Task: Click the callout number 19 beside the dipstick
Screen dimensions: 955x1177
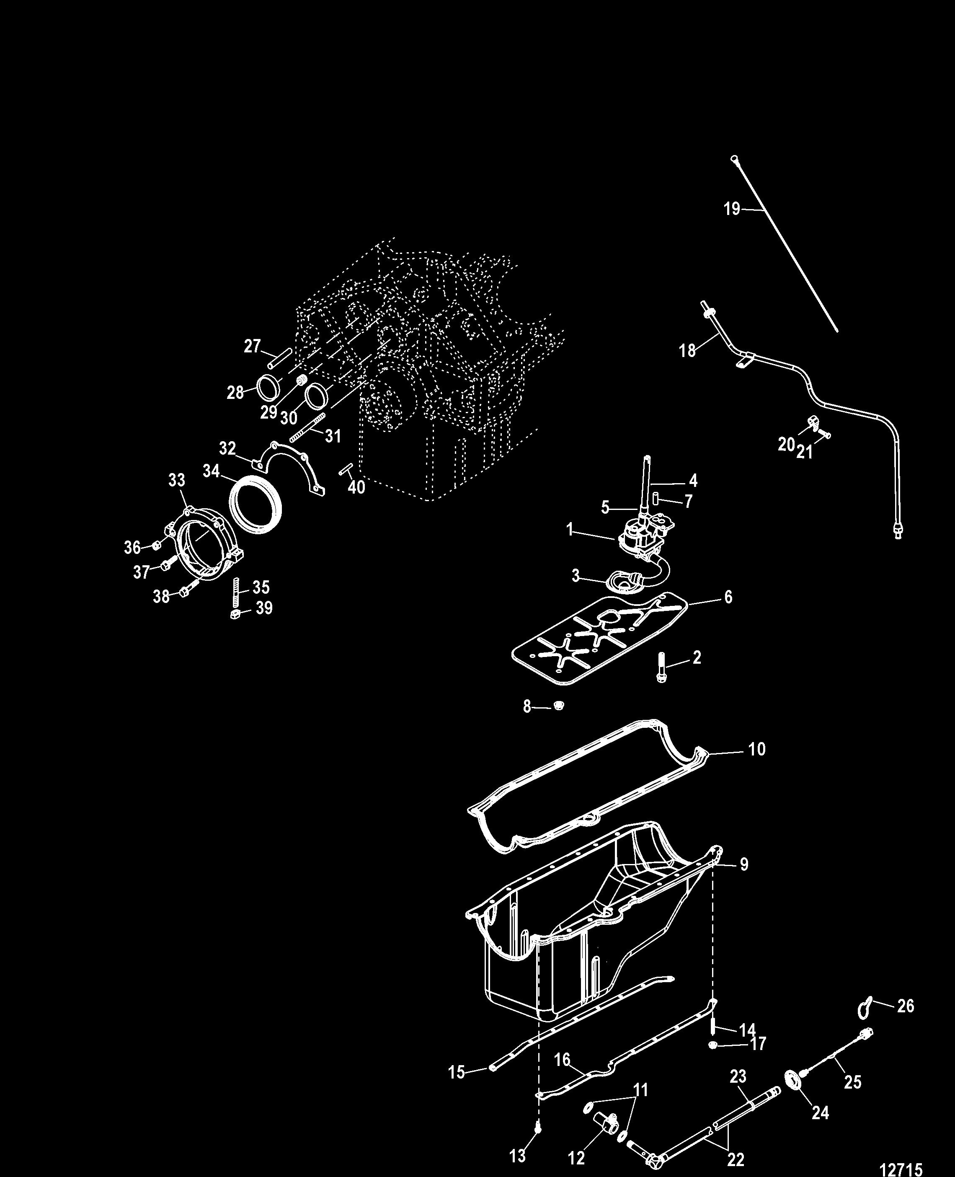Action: pyautogui.click(x=732, y=209)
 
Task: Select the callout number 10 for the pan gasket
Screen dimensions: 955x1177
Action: pyautogui.click(x=757, y=749)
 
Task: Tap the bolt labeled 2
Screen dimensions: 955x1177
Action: pyautogui.click(x=662, y=668)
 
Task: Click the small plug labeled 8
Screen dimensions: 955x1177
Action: pyautogui.click(x=558, y=706)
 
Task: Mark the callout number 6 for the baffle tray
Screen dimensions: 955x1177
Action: pyautogui.click(x=728, y=597)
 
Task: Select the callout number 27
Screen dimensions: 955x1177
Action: pyautogui.click(x=252, y=346)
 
